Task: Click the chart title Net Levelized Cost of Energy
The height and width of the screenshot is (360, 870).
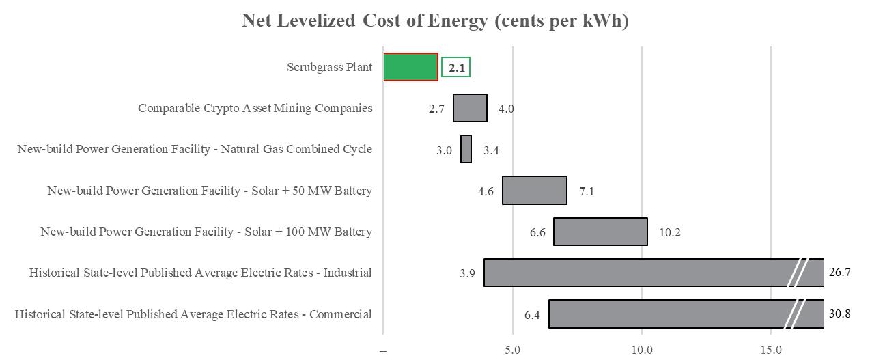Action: click(x=435, y=20)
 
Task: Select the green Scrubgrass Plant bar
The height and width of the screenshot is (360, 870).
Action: click(x=410, y=67)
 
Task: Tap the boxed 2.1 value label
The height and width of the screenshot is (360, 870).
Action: click(x=455, y=68)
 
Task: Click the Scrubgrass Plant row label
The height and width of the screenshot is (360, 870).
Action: click(x=330, y=67)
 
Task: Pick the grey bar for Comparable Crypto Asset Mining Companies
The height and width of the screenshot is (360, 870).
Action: click(x=470, y=108)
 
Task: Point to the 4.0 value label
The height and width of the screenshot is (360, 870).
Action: click(x=506, y=109)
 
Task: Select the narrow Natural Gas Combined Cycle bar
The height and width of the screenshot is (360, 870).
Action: click(x=466, y=149)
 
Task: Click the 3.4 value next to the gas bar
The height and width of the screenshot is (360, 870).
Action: click(x=491, y=150)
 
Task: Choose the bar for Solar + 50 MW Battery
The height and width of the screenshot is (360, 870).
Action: click(x=535, y=190)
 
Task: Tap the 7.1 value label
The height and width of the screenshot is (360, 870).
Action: click(x=587, y=191)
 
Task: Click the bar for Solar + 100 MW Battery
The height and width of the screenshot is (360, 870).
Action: click(x=600, y=232)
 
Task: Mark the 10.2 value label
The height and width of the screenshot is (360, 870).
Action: click(x=670, y=232)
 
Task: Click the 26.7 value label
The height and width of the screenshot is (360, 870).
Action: click(x=839, y=273)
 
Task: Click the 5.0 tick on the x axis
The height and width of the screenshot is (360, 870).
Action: click(x=512, y=350)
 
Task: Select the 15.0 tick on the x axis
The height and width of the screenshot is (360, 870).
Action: click(x=771, y=350)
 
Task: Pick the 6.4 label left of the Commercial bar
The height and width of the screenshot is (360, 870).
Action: click(x=532, y=315)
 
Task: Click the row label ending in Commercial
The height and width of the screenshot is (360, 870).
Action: click(x=193, y=314)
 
